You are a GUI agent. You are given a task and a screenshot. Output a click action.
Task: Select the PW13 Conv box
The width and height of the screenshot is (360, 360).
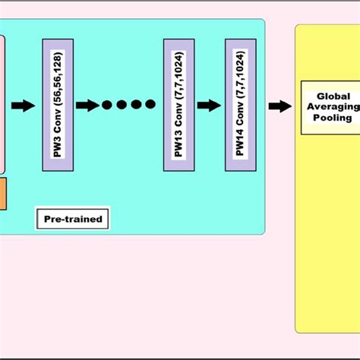coord(178,106)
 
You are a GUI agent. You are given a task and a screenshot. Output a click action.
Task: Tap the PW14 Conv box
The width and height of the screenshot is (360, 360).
coord(240,106)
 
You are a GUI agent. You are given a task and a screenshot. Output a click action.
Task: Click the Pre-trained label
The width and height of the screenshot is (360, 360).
coord(73,219)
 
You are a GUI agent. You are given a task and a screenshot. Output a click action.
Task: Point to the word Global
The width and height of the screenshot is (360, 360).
coord(334,96)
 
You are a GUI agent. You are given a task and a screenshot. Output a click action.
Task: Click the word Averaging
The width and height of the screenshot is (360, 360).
coord(335,107)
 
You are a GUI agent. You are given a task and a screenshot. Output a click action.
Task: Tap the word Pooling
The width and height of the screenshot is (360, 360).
coord(333,118)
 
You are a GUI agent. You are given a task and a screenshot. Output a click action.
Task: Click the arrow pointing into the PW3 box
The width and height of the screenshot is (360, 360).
coord(24,106)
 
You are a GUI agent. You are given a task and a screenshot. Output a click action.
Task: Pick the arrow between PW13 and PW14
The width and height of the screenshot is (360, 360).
coord(209,106)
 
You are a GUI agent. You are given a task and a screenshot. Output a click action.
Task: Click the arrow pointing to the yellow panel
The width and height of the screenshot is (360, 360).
coord(279,106)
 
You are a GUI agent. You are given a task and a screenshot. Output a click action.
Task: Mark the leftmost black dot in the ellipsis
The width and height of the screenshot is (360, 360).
coord(107,106)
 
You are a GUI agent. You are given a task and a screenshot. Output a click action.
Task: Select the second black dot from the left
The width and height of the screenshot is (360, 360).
coord(121,106)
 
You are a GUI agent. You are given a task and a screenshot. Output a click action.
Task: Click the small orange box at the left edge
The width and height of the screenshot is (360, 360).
coord(2,194)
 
